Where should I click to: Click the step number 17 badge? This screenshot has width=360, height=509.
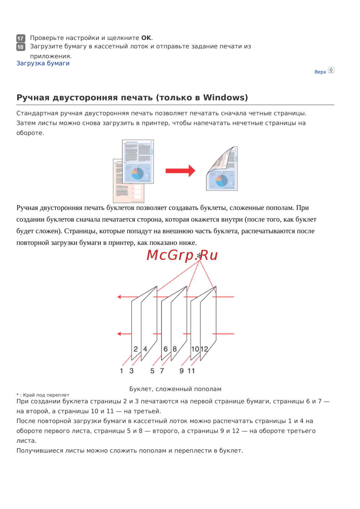[x=21, y=38]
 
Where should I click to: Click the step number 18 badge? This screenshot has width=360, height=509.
[x=21, y=47]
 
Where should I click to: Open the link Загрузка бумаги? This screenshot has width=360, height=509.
[x=43, y=63]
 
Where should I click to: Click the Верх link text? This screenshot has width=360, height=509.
[x=320, y=72]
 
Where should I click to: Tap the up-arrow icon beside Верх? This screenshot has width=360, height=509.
[x=331, y=70]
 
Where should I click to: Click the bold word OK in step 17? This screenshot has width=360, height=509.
[x=146, y=38]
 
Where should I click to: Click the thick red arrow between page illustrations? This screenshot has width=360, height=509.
[x=180, y=171]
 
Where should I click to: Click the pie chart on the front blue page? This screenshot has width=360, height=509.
[x=138, y=173]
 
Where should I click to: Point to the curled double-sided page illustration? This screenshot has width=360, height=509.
[x=222, y=169]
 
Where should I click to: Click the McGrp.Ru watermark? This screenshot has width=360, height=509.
[x=182, y=255]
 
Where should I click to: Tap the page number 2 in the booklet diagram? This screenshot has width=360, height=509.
[x=136, y=349]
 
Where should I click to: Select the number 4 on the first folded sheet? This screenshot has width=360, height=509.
[x=145, y=349]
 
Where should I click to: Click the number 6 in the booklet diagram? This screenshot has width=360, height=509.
[x=166, y=349]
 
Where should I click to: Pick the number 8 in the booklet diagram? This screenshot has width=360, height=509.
[x=175, y=349]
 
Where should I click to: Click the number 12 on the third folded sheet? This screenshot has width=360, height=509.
[x=204, y=349]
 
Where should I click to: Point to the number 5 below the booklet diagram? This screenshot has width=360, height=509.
[x=152, y=371]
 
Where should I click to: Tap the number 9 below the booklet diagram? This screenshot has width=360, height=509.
[x=181, y=371]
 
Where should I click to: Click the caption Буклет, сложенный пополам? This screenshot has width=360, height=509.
[x=175, y=389]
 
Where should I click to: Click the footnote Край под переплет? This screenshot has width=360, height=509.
[x=46, y=395]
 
